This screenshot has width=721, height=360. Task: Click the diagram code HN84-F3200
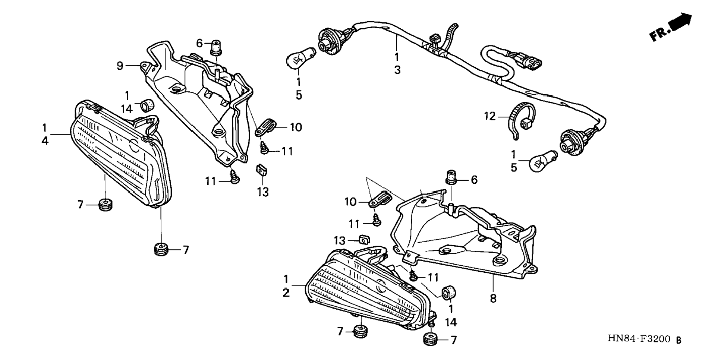coord(639,339)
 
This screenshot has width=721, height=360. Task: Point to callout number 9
coord(120,66)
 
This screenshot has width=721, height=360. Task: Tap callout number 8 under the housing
coord(493,299)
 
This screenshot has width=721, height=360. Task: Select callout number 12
coord(490,116)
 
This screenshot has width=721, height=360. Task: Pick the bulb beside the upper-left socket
coord(300,58)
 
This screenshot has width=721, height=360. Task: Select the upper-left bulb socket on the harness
coord(329,41)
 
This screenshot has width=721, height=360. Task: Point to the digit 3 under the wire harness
coord(397,70)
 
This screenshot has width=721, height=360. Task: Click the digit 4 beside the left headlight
coord(45,141)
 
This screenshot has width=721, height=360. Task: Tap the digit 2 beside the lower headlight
coord(286,293)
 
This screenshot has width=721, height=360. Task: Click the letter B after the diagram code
coord(679,340)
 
